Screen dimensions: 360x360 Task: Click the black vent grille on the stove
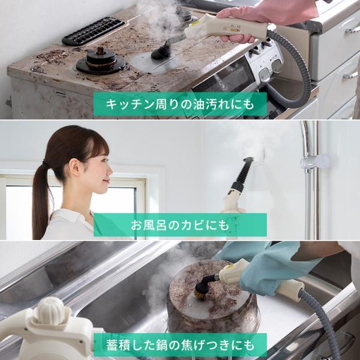[x=93, y=31]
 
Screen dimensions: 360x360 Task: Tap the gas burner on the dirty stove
[x=101, y=61]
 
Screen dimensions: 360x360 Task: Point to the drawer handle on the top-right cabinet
[x=351, y=28]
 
